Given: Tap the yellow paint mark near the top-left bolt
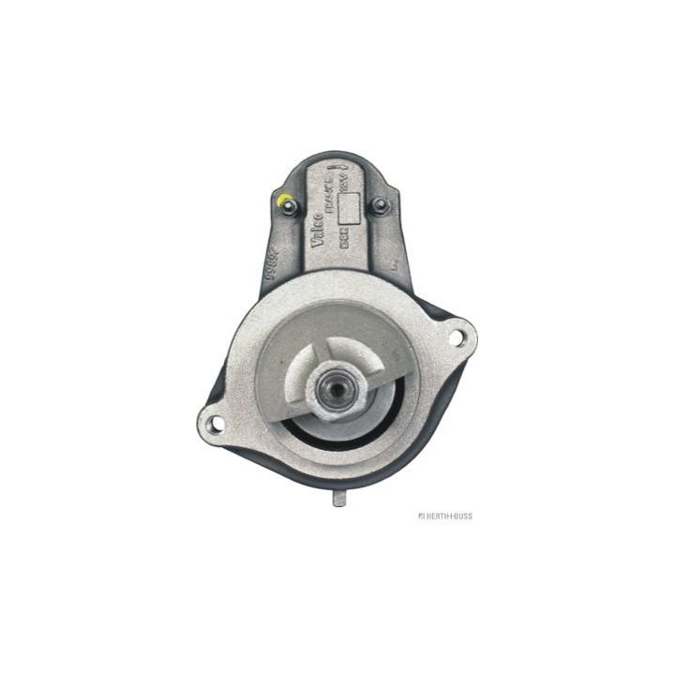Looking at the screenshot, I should (282, 199).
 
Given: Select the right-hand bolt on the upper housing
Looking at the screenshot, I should (380, 206).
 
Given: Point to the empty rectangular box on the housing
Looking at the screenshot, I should (349, 213).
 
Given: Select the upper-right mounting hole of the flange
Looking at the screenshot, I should (457, 333).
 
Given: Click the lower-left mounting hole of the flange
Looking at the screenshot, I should (215, 424).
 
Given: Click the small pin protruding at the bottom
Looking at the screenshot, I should (339, 499).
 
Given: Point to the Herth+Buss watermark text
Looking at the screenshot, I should (450, 516).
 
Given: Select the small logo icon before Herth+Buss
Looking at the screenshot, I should (423, 516).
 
